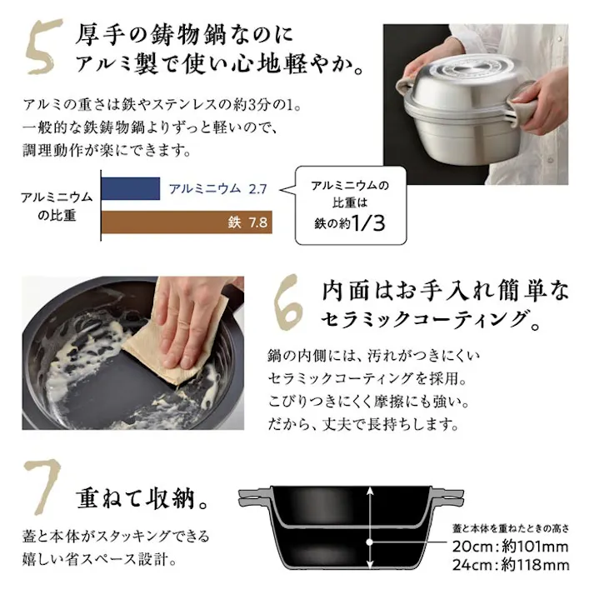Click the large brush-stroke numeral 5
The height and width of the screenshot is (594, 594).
(43, 47)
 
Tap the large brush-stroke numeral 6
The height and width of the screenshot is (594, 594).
(288, 302)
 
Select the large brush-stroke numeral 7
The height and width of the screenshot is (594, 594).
(42, 486)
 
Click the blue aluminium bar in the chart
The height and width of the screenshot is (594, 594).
(131, 188)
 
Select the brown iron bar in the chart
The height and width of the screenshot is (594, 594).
(187, 222)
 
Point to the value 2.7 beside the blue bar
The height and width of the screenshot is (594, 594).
(257, 188)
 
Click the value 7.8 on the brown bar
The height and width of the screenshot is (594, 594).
(257, 222)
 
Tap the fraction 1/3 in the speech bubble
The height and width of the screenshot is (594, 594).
(368, 222)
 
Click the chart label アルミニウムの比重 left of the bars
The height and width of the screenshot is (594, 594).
(57, 206)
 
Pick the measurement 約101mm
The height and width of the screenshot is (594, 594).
(535, 547)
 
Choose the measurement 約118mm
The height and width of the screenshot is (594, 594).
(535, 565)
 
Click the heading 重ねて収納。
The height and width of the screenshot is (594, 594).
(142, 498)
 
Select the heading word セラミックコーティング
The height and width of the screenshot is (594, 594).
(423, 319)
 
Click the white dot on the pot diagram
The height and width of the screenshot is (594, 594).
(370, 542)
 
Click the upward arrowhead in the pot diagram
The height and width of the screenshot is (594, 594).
(370, 492)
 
